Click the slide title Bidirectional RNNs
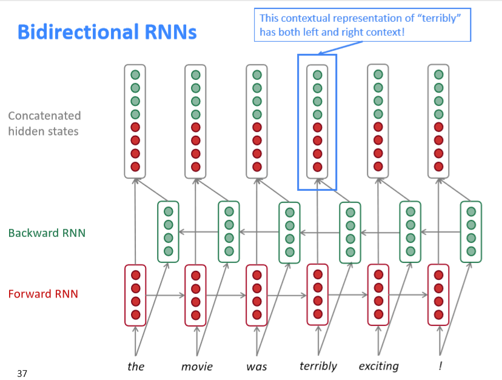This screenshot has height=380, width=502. point(107,32)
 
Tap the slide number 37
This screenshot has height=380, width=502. point(22,373)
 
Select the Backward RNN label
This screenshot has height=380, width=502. point(43,233)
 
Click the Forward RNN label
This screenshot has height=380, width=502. point(43,294)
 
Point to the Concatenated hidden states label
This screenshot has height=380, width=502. point(44,123)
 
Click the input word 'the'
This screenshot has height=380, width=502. point(136,366)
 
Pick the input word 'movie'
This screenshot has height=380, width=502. point(196,366)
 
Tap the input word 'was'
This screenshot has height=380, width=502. point(256,366)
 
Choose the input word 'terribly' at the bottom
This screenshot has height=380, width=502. point(318,366)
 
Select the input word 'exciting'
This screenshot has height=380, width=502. point(378,366)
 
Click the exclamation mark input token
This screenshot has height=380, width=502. point(439,366)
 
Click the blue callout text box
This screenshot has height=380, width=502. point(362,25)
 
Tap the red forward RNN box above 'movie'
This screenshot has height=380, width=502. point(196,295)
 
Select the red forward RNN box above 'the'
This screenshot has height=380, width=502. point(135,295)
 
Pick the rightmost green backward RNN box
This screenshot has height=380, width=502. point(471,232)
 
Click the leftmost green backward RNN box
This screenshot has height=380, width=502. point(168,232)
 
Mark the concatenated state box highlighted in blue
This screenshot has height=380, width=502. point(317,121)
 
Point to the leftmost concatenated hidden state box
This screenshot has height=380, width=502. point(135,121)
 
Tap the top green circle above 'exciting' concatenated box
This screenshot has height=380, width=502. point(378,74)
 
